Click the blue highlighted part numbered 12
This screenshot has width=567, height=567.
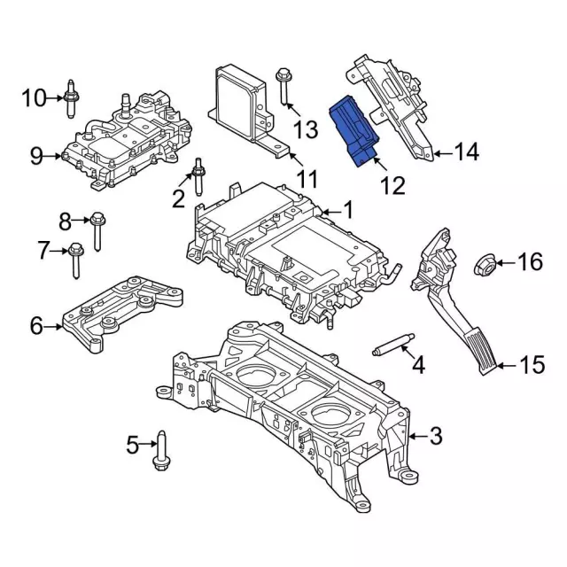coord(353,133)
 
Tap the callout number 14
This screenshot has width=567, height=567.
coord(467,152)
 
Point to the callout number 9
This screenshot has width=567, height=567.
coord(36,157)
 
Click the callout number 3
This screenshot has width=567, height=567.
coord(435,436)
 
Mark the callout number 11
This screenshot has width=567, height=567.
coord(307,180)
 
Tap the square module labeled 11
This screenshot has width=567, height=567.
coord(240,103)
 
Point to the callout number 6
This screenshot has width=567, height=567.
coord(35,326)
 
